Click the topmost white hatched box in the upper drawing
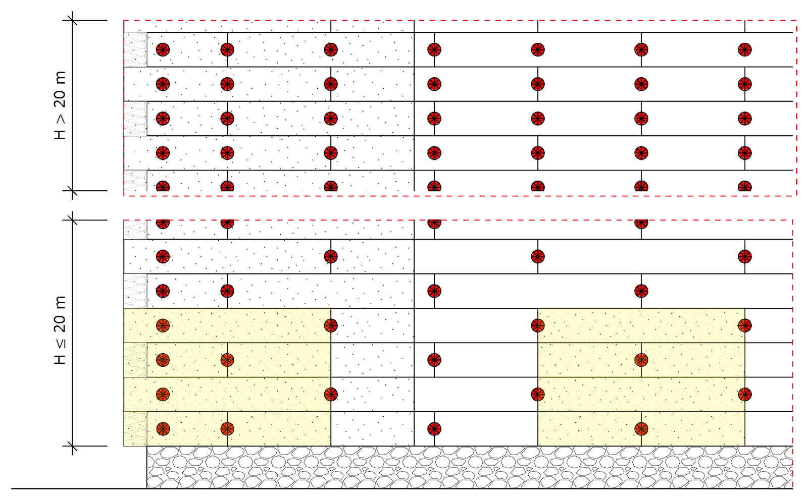click(135, 50)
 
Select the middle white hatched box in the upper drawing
click(135, 119)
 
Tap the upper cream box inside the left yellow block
click(135, 360)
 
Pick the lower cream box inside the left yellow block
click(135, 429)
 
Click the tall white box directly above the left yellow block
click(135, 291)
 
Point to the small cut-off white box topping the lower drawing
click(135, 229)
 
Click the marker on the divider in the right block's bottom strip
click(641, 429)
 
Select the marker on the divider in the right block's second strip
click(641, 360)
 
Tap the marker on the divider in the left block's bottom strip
click(227, 429)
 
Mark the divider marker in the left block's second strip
click(227, 360)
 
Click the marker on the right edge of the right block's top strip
click(744, 325)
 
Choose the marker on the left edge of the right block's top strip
click(538, 325)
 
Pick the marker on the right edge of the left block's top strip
click(331, 325)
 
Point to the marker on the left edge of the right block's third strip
click(538, 394)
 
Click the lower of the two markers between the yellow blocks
click(434, 429)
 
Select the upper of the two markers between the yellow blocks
click(434, 360)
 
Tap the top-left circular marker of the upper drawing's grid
click(162, 49)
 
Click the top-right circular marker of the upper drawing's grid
click(744, 49)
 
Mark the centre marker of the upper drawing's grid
click(434, 119)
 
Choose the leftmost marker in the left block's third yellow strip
click(162, 394)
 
